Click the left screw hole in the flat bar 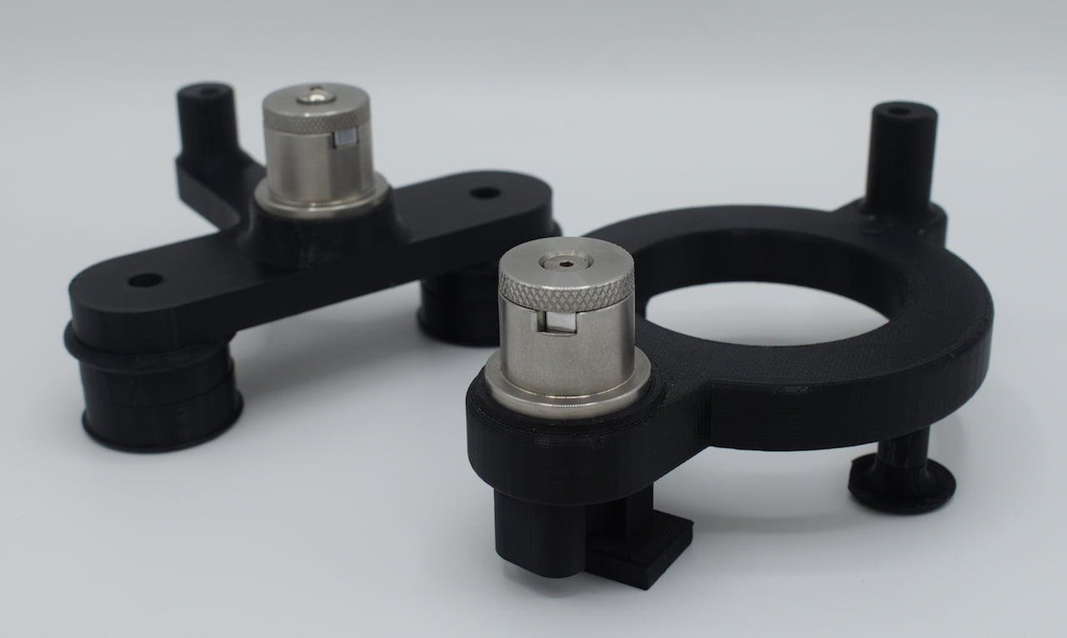tap(145, 280)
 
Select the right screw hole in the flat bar tap(484, 193)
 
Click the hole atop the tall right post tap(899, 111)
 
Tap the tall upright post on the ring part tap(900, 158)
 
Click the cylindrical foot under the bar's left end tap(158, 400)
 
